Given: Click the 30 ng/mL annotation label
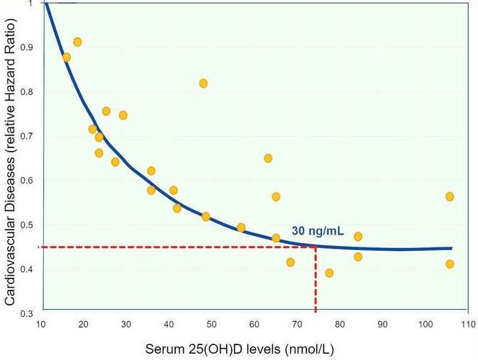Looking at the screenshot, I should click(318, 230).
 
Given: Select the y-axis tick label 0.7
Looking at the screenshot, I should click(28, 135).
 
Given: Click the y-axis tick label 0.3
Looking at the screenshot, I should click(28, 313).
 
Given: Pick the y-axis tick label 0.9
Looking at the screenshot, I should click(28, 47).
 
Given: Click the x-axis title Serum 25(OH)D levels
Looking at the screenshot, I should click(240, 349).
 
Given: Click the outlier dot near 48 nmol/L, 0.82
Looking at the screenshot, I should click(204, 84).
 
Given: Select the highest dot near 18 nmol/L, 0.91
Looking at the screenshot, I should click(77, 43).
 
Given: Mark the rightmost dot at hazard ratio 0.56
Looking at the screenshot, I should click(450, 196).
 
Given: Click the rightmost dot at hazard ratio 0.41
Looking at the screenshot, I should click(450, 264).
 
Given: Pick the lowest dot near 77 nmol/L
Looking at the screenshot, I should click(329, 273).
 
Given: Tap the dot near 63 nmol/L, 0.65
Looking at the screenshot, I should click(268, 158).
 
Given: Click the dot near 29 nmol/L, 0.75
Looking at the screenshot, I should click(123, 115).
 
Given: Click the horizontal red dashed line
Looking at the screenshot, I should click(177, 247).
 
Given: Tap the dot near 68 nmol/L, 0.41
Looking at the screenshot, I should click(290, 262).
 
